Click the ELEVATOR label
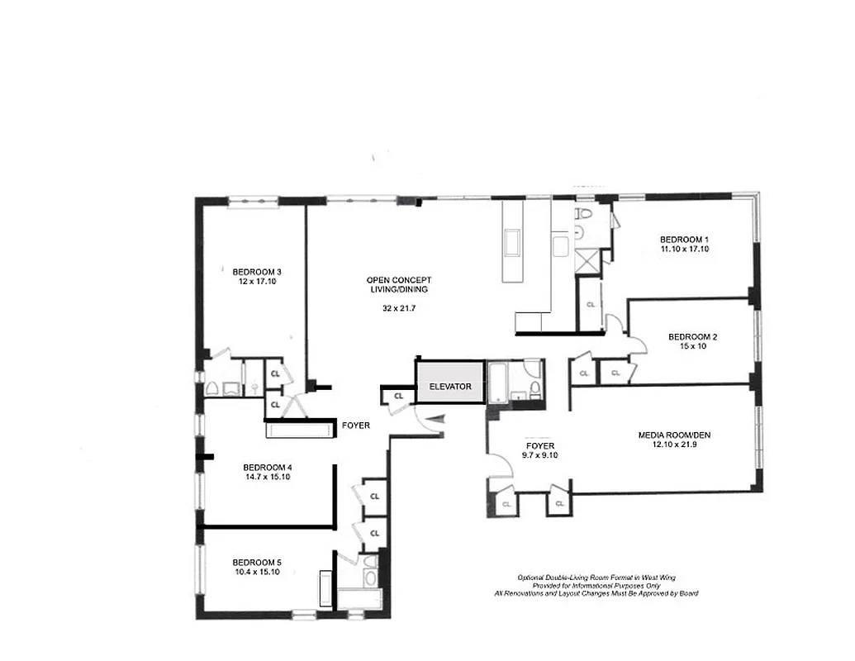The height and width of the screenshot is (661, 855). tap(450, 386)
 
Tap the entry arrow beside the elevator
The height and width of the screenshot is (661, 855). tap(439, 420)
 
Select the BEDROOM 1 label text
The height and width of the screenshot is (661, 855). tap(684, 240)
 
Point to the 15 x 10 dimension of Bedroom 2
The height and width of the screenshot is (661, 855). tap(692, 346)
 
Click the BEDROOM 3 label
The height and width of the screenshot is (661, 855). tap(257, 272)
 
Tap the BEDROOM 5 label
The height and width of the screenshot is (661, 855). tap(257, 562)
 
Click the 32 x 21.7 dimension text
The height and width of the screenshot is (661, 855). tap(397, 308)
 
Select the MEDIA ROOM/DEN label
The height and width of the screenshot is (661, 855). tap(673, 435)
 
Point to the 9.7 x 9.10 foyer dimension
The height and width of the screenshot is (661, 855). tap(539, 454)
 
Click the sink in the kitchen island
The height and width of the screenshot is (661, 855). tap(513, 245)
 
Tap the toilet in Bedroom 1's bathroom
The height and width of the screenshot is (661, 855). tap(584, 213)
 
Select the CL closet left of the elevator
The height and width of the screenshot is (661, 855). tap(399, 397)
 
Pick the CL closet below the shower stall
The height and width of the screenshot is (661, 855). tap(590, 304)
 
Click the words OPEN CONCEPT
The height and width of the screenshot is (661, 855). tap(399, 280)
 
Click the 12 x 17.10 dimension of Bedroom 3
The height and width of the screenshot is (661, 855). tap(257, 282)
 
